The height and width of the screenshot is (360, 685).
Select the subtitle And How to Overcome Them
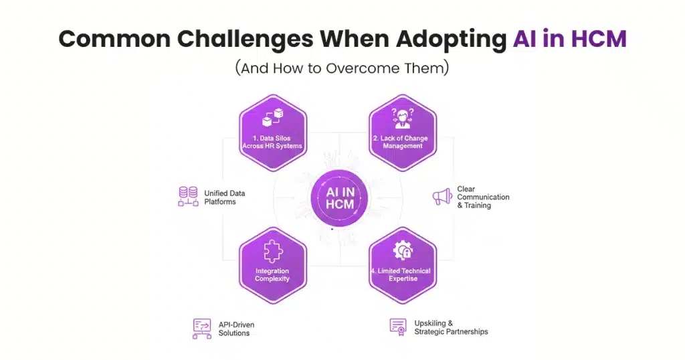(342, 69)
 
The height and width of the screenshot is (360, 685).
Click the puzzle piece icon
(272, 252)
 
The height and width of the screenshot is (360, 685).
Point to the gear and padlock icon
(403, 250)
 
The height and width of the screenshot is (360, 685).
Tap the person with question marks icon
(403, 119)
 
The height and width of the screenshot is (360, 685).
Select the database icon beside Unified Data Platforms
(188, 197)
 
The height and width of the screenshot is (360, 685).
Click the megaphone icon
(442, 197)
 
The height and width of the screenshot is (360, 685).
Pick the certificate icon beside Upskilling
(398, 326)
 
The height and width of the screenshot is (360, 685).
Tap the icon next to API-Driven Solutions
(201, 328)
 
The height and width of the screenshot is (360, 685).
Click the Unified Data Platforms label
(225, 197)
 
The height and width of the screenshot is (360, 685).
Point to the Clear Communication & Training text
(483, 197)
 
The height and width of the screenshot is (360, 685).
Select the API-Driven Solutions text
(236, 329)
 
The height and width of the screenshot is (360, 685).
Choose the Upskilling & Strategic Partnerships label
(451, 327)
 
